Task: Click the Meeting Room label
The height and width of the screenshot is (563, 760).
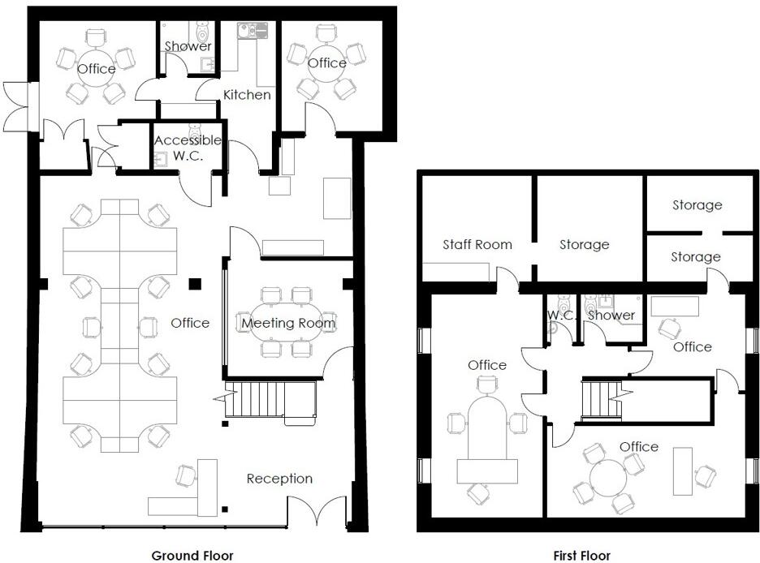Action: [x=288, y=323]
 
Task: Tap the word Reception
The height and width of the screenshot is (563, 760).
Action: [x=279, y=479]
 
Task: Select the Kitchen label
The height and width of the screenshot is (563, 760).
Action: [x=247, y=95]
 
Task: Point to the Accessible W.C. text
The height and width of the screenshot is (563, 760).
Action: [x=187, y=148]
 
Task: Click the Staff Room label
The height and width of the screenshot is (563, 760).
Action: [x=477, y=244]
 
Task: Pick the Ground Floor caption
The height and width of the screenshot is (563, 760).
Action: [x=192, y=556]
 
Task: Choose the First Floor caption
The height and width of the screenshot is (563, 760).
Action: [x=581, y=556]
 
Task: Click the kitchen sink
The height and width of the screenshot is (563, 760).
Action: [x=247, y=31]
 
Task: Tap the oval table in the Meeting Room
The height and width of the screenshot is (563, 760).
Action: [x=288, y=323]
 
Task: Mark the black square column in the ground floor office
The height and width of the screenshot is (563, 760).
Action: [x=194, y=283]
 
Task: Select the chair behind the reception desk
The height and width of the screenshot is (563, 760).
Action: [x=186, y=475]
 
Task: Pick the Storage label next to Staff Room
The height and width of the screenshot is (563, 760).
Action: [x=584, y=244]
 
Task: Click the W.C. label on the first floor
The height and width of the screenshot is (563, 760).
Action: [x=561, y=315]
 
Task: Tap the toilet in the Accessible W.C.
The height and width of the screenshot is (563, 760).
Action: [x=195, y=130]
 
